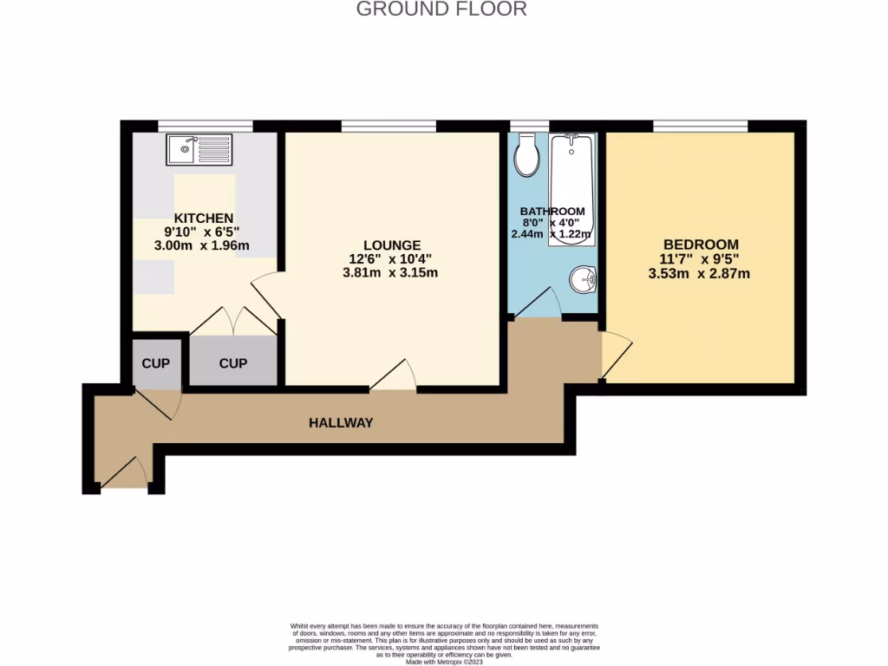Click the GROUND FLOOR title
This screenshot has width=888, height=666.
[442, 10]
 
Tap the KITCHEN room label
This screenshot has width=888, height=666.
[204, 218]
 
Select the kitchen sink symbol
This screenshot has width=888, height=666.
[200, 149]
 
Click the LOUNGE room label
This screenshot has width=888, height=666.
[393, 245]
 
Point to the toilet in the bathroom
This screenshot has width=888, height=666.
[526, 154]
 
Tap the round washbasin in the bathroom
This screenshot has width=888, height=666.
[583, 279]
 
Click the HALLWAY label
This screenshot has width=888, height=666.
[341, 423]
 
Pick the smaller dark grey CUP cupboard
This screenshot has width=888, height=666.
[156, 362]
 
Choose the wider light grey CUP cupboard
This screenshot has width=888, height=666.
[232, 363]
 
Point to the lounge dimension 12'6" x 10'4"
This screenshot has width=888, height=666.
[393, 259]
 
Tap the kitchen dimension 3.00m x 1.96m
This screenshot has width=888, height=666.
[202, 245]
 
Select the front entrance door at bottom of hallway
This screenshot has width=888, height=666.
[125, 475]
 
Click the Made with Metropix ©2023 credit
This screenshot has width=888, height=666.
[444, 662]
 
